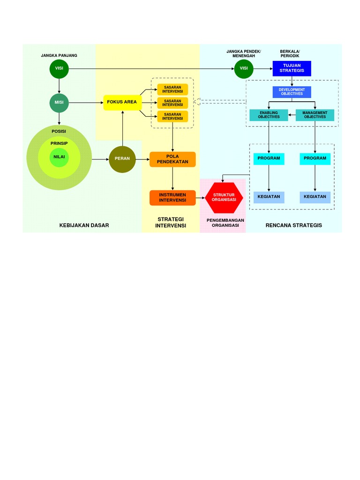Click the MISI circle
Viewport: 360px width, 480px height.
pyautogui.click(x=59, y=103)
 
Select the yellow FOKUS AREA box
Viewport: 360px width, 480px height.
pyautogui.click(x=122, y=102)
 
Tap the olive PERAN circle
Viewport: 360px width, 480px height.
pyautogui.click(x=122, y=159)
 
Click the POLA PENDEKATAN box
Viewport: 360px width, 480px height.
pyautogui.click(x=172, y=159)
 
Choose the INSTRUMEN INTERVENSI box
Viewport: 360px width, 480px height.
pyautogui.click(x=172, y=197)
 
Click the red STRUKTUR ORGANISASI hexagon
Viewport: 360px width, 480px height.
pyautogui.click(x=224, y=197)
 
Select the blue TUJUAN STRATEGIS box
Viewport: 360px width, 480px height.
pyautogui.click(x=292, y=68)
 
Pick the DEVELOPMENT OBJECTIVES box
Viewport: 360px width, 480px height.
pyautogui.click(x=292, y=92)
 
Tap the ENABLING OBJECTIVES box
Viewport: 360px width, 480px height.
pyautogui.click(x=269, y=115)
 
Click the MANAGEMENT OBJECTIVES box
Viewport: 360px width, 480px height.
pyautogui.click(x=315, y=115)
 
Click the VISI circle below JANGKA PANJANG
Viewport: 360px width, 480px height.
pyautogui.click(x=59, y=68)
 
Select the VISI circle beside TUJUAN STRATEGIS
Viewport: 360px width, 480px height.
pyautogui.click(x=244, y=68)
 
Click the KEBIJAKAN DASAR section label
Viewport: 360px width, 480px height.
pyautogui.click(x=84, y=225)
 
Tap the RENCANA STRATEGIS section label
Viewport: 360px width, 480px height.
pyautogui.click(x=294, y=225)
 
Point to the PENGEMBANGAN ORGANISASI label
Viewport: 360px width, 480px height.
pyautogui.click(x=225, y=223)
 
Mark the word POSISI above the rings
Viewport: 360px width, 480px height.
pyautogui.click(x=59, y=131)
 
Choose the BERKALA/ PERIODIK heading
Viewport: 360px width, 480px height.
pyautogui.click(x=290, y=53)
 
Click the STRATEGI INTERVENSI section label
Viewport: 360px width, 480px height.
pyautogui.click(x=171, y=223)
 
